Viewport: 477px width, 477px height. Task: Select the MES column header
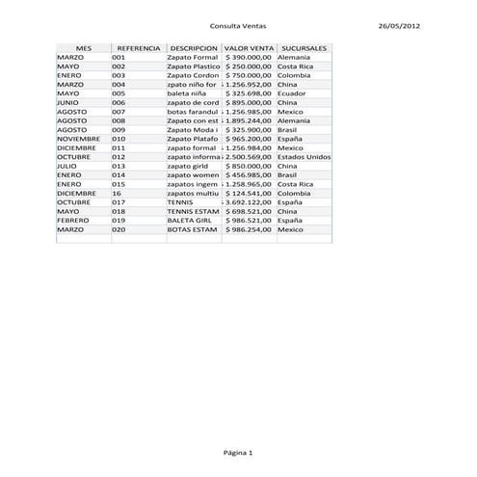(83, 47)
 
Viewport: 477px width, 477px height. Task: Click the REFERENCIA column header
(138, 47)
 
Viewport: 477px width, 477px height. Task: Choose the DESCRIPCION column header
(193, 47)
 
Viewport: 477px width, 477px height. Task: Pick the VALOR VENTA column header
(248, 47)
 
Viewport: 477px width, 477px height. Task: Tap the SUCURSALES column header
(303, 47)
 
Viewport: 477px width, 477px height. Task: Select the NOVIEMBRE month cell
(78, 138)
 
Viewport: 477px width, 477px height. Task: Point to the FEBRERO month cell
(72, 220)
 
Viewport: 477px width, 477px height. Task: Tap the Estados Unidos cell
(304, 156)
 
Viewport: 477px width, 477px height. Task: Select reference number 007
(119, 111)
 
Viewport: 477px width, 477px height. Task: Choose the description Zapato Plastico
(193, 66)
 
